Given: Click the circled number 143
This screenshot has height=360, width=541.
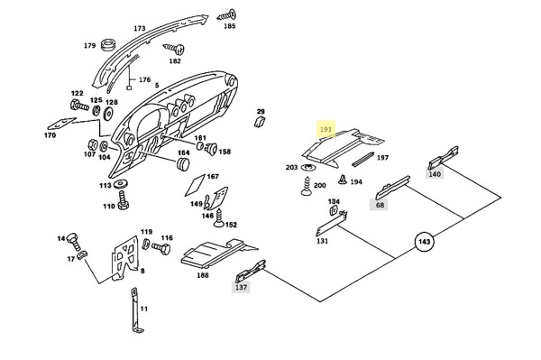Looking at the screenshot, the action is (x=424, y=242).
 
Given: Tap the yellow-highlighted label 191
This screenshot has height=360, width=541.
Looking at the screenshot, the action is (x=326, y=129).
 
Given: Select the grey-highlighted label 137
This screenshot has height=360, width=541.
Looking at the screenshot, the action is (x=241, y=287).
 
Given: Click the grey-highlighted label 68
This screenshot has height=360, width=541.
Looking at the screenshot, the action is (x=380, y=205).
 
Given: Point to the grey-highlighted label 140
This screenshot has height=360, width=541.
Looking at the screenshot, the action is (x=435, y=174).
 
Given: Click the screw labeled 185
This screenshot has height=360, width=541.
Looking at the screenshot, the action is (x=226, y=15).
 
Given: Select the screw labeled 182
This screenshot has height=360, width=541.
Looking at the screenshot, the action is (x=173, y=49).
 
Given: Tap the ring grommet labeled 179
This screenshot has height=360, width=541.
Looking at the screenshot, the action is (x=108, y=45).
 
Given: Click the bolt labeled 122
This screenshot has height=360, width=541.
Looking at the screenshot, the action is (x=79, y=105).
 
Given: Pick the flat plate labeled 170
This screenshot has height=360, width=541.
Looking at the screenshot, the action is (x=61, y=124).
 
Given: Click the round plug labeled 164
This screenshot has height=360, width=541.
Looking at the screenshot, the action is (x=183, y=163).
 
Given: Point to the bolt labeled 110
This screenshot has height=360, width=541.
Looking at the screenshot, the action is (x=123, y=201).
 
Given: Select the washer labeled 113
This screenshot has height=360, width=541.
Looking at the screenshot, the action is (x=121, y=184).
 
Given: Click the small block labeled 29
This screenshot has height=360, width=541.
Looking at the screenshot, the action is (x=260, y=122).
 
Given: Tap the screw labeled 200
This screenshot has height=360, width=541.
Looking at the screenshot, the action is (x=306, y=187).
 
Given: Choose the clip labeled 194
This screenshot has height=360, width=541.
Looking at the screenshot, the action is (x=343, y=180).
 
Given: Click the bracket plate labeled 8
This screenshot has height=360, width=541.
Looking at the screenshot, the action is (x=124, y=258).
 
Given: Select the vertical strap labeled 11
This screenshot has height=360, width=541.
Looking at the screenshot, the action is (x=136, y=310).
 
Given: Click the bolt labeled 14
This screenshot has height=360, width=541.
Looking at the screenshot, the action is (x=73, y=241).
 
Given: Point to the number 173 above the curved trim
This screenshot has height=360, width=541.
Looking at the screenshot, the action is (x=140, y=28).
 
